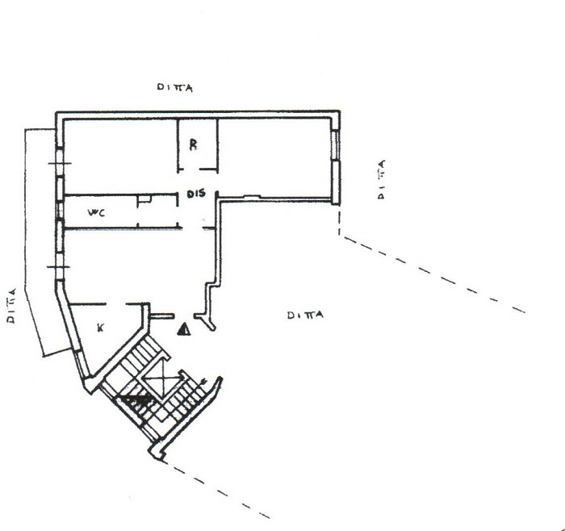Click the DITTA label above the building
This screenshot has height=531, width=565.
tap(175, 87)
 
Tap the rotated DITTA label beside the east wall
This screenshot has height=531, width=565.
tap(381, 179)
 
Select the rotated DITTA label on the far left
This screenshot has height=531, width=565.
tap(11, 306)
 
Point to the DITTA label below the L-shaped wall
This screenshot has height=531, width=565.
tap(305, 316)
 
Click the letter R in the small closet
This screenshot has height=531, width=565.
tap(194, 144)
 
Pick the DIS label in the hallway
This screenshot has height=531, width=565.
tap(196, 194)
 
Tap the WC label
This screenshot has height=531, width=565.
tap(97, 212)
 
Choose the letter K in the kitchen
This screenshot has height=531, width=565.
tap(101, 328)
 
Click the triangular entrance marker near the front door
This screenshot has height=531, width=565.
tap(184, 329)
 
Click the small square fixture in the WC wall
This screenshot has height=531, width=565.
tap(144, 199)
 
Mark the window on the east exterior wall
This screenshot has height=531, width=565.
tap(336, 145)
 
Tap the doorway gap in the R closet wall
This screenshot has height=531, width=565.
tap(191, 169)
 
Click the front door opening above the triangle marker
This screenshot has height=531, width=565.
tap(184, 316)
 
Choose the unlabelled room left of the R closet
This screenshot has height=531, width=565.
tap(121, 157)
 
